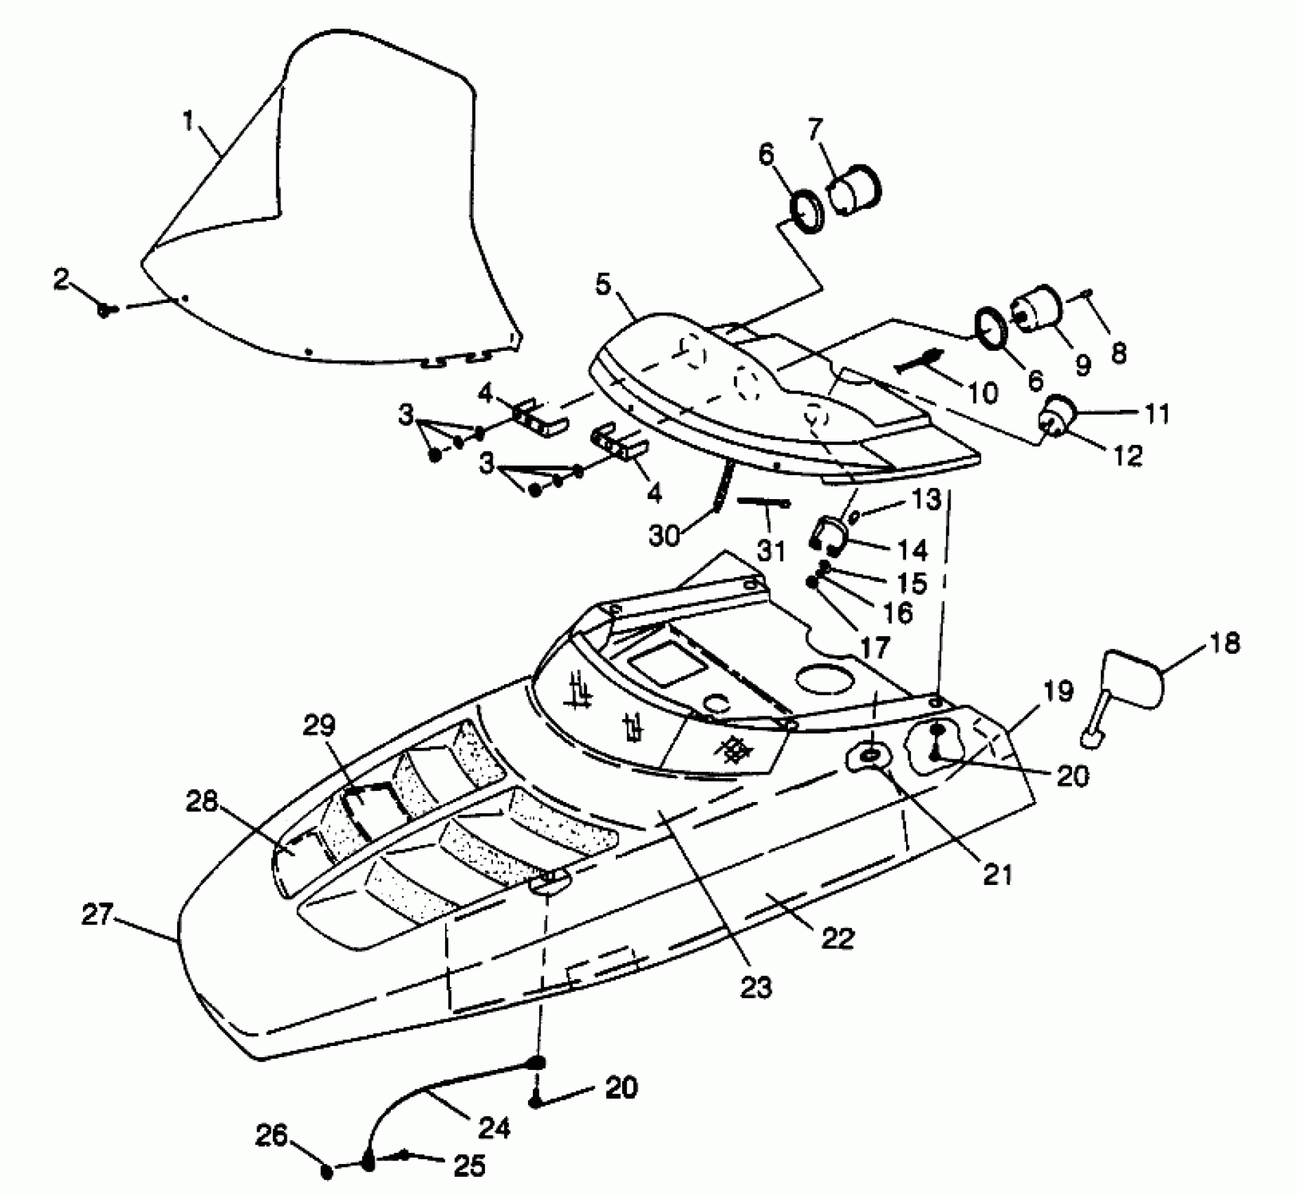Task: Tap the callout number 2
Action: [63, 280]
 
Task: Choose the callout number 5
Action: [602, 285]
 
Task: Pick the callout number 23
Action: [756, 987]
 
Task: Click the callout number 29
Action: [320, 725]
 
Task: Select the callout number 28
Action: [201, 801]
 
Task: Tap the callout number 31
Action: [771, 550]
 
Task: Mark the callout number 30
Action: [664, 536]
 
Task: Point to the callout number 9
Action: [1083, 364]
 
